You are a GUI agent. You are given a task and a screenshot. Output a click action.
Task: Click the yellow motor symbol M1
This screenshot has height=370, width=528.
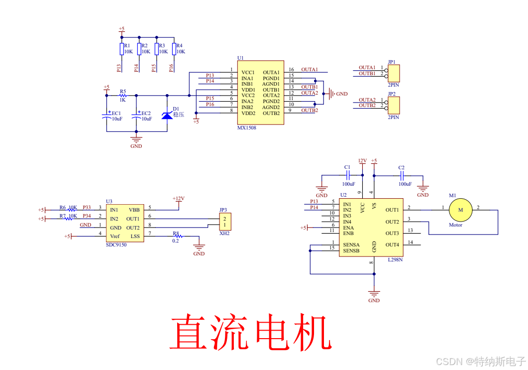tap(460, 210)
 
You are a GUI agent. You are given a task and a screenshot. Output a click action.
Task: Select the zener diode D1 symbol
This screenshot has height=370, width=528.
tap(167, 115)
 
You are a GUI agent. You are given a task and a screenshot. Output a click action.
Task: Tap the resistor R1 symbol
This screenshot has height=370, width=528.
tap(121, 49)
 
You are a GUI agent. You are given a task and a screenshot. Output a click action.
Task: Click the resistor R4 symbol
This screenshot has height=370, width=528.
tap(174, 49)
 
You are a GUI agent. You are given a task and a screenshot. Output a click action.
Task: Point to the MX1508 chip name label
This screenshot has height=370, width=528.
tap(247, 128)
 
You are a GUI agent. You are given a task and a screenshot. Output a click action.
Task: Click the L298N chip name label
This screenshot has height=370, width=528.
tap(395, 260)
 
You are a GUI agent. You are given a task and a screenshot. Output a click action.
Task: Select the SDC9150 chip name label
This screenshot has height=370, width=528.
tap(116, 245)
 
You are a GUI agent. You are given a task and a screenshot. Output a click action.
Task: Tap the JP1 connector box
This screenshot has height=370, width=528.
tap(394, 73)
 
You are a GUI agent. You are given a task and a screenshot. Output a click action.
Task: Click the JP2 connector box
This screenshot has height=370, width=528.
tap(394, 106)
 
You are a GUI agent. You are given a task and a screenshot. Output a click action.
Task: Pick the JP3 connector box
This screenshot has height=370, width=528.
tap(225, 222)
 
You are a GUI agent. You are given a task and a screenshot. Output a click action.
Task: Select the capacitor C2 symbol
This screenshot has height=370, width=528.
tap(402, 175)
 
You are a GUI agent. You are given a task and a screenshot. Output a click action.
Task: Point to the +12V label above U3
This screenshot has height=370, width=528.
tap(178, 199)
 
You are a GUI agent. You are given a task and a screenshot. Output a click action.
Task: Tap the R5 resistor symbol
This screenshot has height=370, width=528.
tap(123, 95)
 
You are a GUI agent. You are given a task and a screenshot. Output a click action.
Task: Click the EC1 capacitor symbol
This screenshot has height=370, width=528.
tap(107, 116)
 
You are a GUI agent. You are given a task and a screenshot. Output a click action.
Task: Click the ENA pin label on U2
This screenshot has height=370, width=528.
tap(348, 227)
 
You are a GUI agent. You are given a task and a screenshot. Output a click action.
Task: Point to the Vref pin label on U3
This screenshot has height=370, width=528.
tap(115, 236)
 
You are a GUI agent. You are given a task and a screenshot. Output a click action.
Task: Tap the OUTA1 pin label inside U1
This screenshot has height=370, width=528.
tap(271, 73)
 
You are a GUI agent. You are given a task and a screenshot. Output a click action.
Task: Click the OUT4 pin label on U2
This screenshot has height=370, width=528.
tap(392, 245)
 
